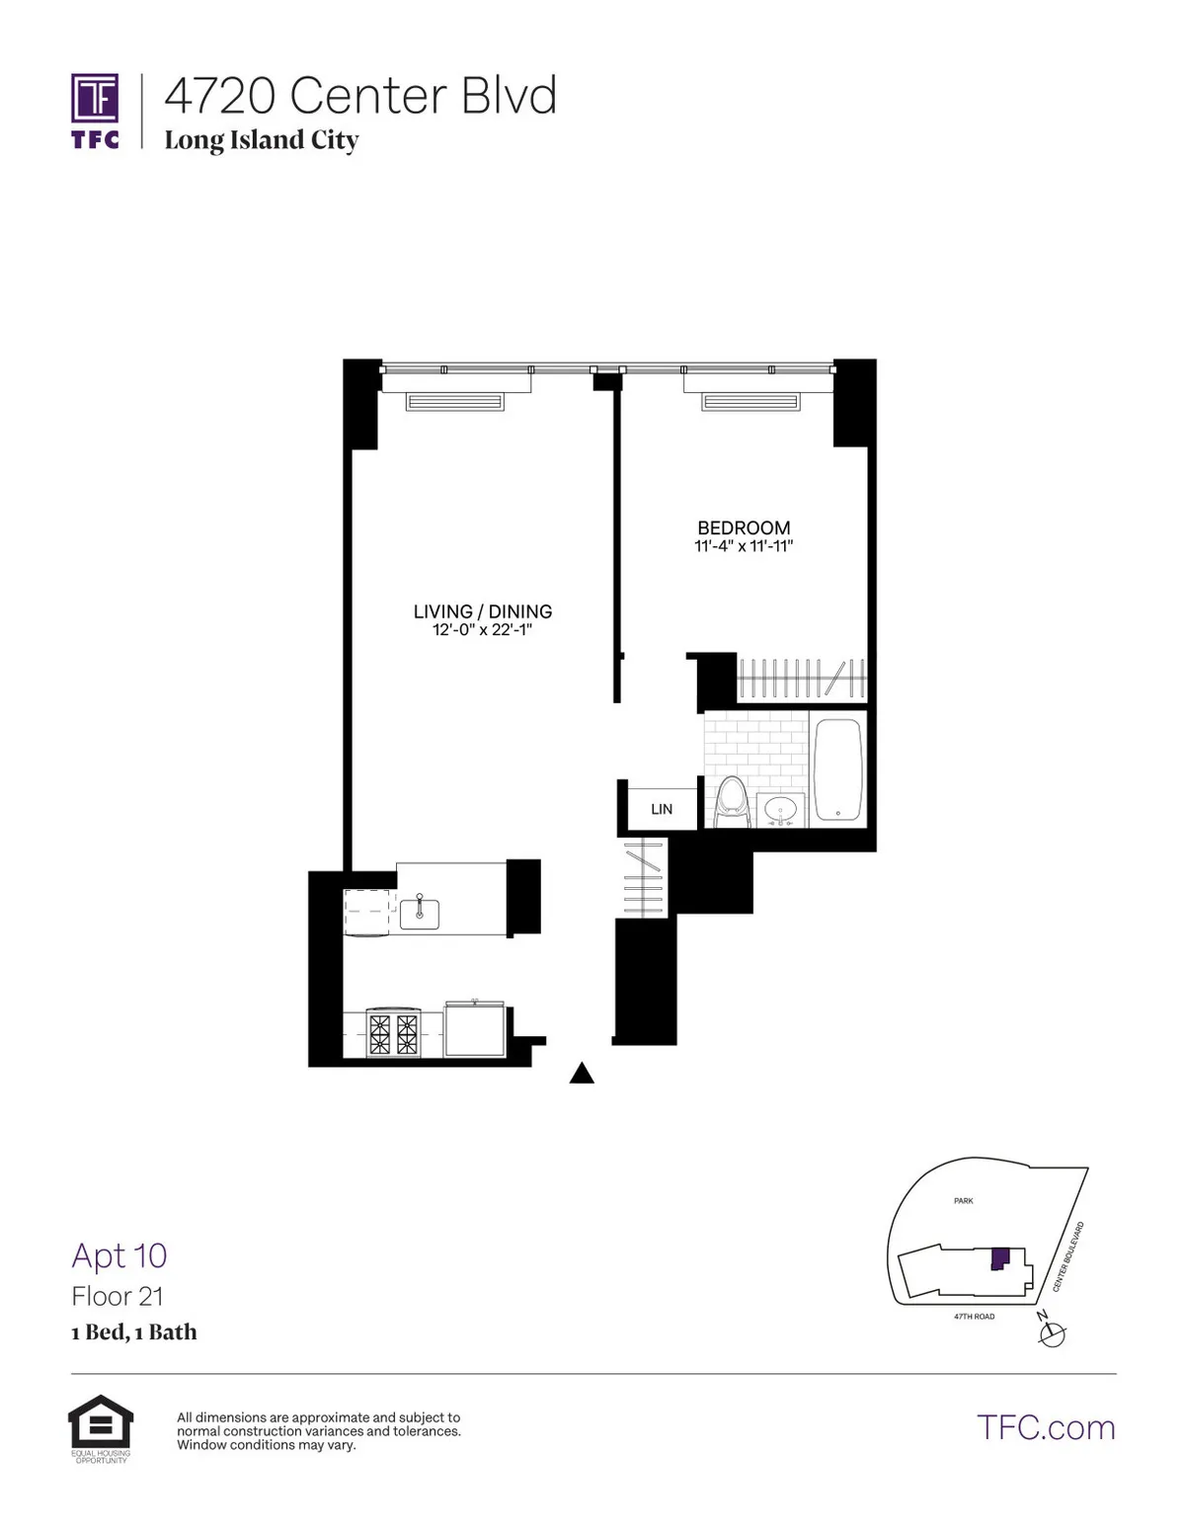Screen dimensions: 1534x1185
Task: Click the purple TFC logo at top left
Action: [95, 110]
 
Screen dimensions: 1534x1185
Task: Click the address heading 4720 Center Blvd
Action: [360, 96]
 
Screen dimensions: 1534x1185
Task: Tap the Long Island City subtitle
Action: [261, 140]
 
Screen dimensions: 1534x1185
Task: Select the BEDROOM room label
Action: [744, 527]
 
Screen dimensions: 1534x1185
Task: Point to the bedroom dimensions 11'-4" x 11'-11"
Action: [744, 545]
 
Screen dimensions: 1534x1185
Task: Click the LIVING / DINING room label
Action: [482, 611]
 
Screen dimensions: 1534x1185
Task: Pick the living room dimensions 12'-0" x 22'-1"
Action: [482, 629]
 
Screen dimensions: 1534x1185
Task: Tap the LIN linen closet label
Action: [662, 809]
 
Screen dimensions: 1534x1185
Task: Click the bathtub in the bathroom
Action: [837, 769]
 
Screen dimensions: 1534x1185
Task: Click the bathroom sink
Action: [781, 809]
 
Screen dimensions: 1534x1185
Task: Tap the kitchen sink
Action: [420, 911]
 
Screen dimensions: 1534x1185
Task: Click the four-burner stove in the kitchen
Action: [393, 1032]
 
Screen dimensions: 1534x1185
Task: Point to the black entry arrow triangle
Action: [582, 1074]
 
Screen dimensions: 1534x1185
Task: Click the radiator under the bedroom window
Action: [750, 401]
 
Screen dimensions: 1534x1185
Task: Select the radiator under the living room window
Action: [454, 401]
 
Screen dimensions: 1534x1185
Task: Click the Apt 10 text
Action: [119, 1255]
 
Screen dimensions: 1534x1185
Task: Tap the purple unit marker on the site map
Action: [999, 1257]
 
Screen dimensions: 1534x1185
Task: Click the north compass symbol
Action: [1053, 1334]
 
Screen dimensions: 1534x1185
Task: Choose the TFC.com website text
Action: [1046, 1427]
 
